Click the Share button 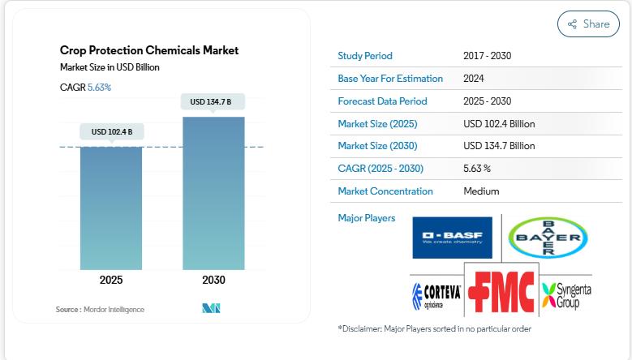pos(588,24)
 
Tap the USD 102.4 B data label pos(112,131)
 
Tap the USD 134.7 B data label pos(211,102)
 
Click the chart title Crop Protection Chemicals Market pos(149,50)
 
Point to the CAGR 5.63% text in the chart pos(85,87)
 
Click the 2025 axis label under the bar pos(111,281)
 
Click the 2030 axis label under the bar pos(213,281)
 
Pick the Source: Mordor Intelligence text pos(100,310)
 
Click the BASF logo pos(452,238)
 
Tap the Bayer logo pos(548,238)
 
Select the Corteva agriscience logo pos(436,296)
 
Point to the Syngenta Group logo pos(566,295)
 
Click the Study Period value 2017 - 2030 pos(487,56)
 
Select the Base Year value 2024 pos(475,79)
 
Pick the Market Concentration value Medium pos(481,191)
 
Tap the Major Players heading pos(367,218)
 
